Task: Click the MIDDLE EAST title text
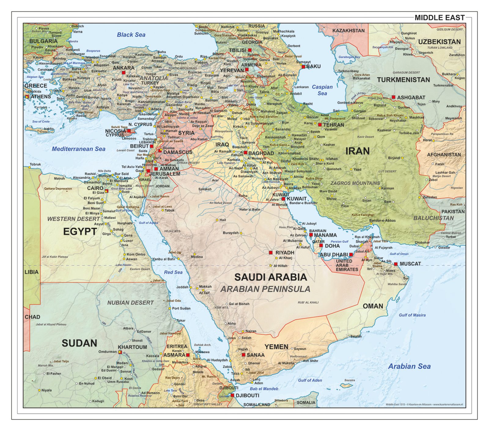439,18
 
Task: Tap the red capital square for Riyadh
270,253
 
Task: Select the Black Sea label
131,35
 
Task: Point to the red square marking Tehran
320,125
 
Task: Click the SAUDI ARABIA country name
270,277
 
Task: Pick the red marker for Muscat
396,264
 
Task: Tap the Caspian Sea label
322,90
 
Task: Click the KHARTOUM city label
132,347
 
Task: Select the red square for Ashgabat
393,97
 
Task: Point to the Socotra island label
350,380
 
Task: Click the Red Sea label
173,272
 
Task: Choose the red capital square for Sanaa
243,355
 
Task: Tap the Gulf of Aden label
310,380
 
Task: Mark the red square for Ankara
123,73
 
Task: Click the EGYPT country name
80,232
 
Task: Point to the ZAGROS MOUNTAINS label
355,183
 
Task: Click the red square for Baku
303,66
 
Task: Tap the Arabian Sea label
409,366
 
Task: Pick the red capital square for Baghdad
245,152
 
